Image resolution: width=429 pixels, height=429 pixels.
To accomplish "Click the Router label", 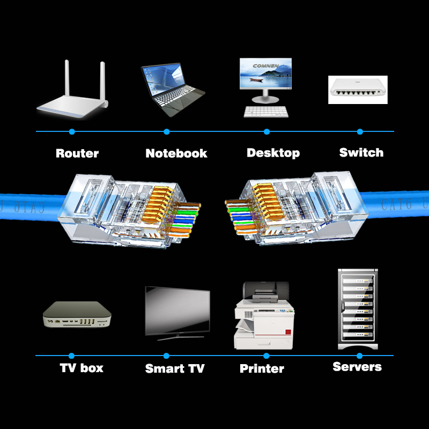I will (77, 153).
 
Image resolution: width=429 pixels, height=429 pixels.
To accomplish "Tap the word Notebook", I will (176, 153).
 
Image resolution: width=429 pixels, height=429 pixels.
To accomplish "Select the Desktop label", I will (273, 153).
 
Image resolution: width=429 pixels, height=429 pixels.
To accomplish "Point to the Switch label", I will (361, 153).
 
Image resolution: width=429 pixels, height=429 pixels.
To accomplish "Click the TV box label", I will (82, 368).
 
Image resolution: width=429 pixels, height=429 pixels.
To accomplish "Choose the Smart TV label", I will (175, 368).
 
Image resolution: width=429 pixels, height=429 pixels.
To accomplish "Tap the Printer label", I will (262, 368).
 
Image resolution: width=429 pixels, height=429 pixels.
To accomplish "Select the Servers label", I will (357, 367).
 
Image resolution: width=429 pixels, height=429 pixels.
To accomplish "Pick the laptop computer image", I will (172, 88).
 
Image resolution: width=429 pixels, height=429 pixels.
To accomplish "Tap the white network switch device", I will (357, 89).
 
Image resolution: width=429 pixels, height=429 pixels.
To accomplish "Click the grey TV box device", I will (76, 315).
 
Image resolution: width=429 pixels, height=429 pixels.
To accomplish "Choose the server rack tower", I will (357, 309).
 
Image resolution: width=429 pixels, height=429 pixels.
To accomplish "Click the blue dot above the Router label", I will (72, 131).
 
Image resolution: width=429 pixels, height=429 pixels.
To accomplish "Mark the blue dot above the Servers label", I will (359, 356).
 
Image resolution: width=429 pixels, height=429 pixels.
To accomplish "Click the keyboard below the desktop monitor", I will (266, 111).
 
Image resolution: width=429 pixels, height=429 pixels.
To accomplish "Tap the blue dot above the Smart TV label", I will (166, 356).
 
